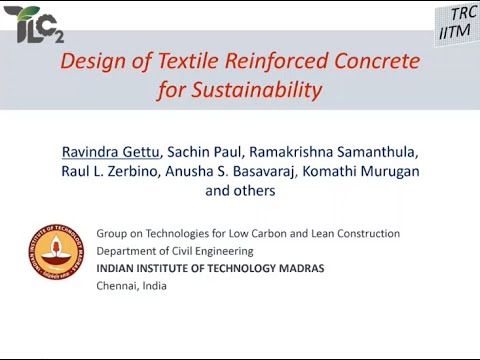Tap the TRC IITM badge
click(x=458, y=23)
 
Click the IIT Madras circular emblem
click(x=57, y=258)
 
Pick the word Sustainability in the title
click(x=240, y=91)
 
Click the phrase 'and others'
click(x=239, y=190)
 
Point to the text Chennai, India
click(x=133, y=286)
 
